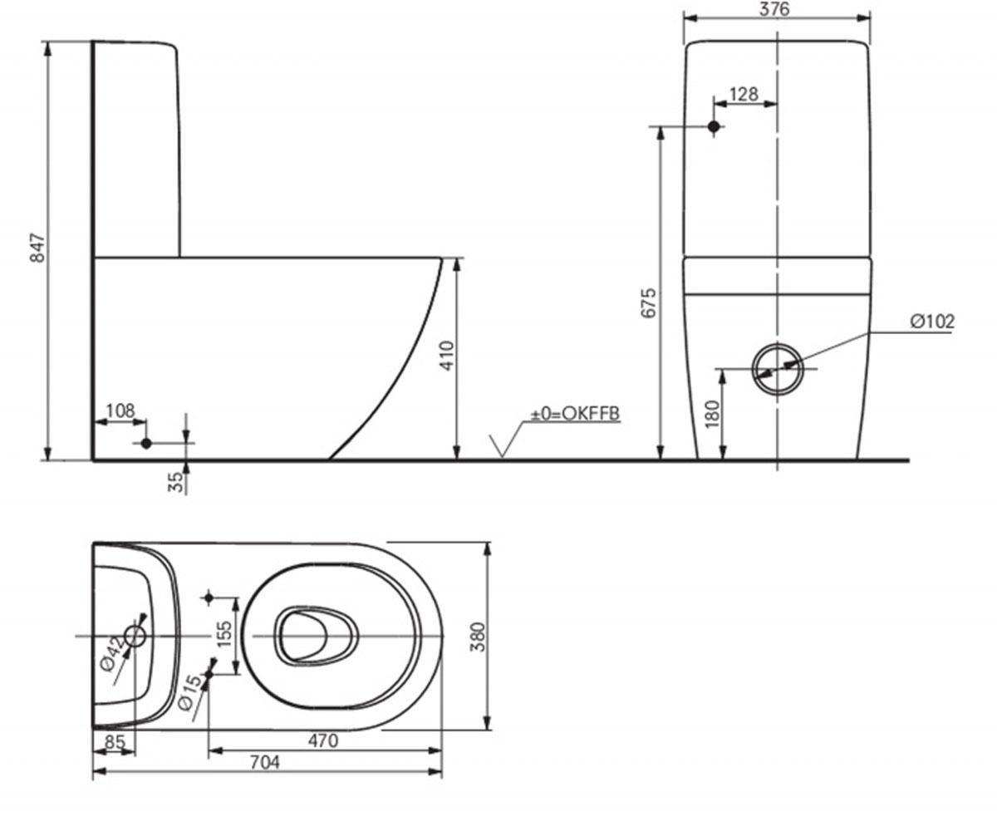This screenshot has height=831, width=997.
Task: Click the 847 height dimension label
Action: coord(37,248)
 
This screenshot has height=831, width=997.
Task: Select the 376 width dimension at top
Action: coord(774,8)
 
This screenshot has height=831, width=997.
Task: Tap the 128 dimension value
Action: coord(744,94)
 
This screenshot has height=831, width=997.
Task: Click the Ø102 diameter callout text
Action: coord(932,322)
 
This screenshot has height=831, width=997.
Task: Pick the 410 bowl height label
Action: coord(447,356)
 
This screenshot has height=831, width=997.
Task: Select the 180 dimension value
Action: coord(712,414)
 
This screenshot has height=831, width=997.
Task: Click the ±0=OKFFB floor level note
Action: coord(576,414)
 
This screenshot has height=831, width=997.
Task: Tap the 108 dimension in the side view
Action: coord(120,411)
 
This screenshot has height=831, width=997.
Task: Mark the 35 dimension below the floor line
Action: coord(177,481)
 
